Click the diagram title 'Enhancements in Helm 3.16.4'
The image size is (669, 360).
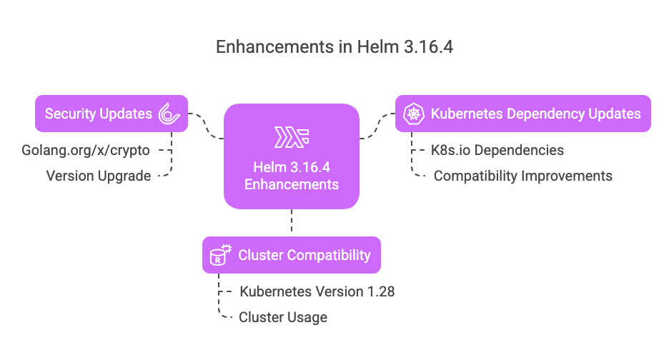334,48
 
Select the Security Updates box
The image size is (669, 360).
111,114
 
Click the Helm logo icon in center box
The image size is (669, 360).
292,137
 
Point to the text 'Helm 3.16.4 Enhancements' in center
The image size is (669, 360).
292,176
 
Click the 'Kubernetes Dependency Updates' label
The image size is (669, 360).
535,114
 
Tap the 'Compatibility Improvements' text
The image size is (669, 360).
522,176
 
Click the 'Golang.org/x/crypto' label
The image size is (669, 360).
86,150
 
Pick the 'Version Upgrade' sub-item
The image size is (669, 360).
99,176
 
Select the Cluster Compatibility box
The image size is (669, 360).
292,255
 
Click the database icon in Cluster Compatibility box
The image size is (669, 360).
219,255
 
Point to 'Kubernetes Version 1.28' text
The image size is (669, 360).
317,291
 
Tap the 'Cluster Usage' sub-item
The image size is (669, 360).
283,317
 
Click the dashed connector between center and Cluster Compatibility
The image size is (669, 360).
292,223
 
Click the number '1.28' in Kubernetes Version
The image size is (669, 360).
380,291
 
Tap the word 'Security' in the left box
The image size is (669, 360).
70,114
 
